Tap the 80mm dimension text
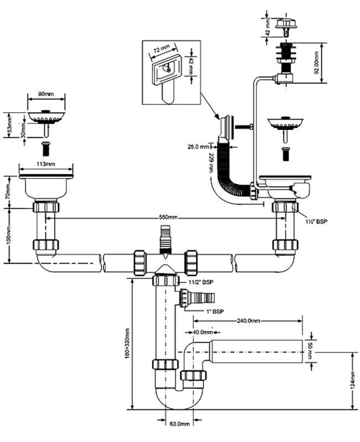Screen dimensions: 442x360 pyautogui.click(x=46, y=95)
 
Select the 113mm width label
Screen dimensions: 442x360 pyautogui.click(x=46, y=164)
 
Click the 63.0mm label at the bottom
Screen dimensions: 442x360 pyautogui.click(x=179, y=424)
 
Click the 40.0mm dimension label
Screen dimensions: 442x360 pyautogui.click(x=203, y=332)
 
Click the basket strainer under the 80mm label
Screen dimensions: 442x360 pyautogui.click(x=46, y=117)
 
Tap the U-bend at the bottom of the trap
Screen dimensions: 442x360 pyautogui.click(x=174, y=399)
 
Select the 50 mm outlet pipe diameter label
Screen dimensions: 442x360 pyautogui.click(x=311, y=350)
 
